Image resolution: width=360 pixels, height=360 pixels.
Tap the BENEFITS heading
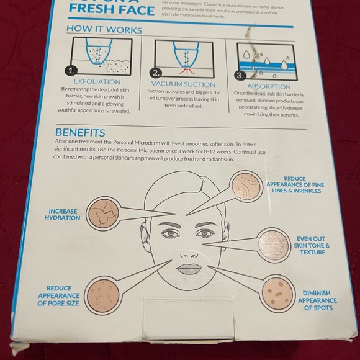[x=80, y=132]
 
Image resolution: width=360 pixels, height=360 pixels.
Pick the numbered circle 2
[x=155, y=72]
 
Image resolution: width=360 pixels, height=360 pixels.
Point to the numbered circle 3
[x=238, y=76]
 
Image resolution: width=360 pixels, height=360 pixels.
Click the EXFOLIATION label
[x=97, y=81]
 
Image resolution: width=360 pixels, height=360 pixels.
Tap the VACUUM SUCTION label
[x=182, y=84]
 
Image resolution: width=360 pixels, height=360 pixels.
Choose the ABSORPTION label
[x=269, y=87]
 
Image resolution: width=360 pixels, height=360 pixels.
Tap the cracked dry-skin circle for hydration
[x=103, y=214]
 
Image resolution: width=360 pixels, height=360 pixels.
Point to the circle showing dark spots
[x=277, y=294]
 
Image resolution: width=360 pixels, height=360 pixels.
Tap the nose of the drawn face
[x=188, y=248]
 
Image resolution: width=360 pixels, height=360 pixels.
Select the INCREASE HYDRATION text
[x=62, y=215]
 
